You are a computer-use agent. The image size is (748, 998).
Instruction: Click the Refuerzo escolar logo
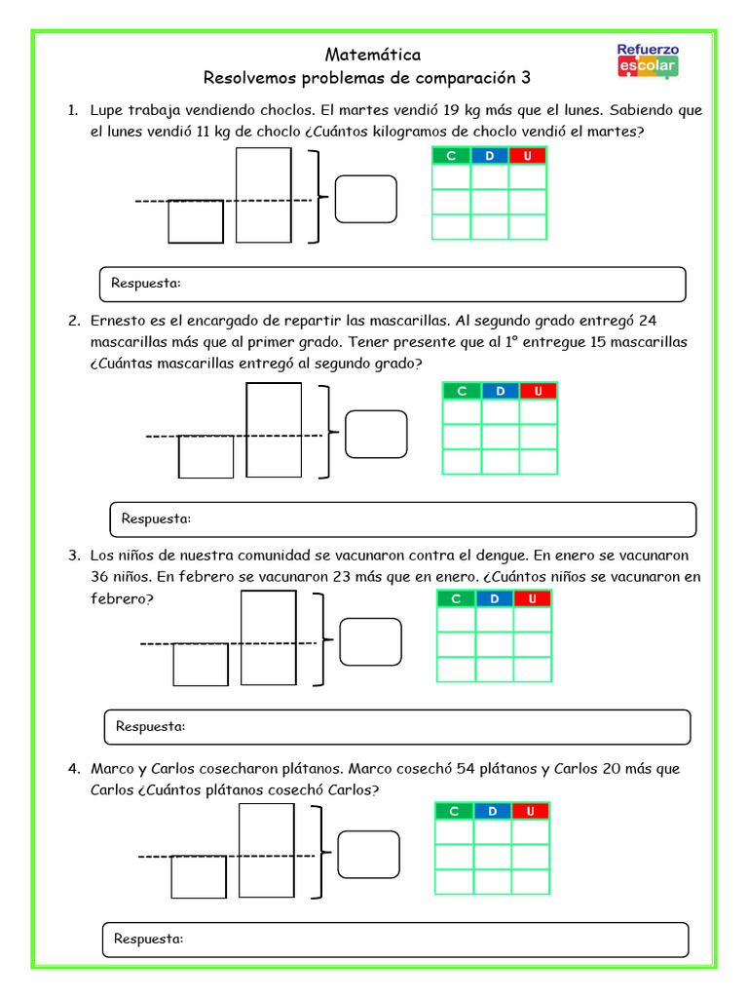tap(649, 61)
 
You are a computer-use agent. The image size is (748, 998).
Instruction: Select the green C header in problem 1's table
tap(451, 156)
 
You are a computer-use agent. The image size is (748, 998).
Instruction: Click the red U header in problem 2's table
tap(538, 391)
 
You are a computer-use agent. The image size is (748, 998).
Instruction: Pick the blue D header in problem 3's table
tap(494, 598)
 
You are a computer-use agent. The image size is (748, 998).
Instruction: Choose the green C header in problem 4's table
tap(454, 811)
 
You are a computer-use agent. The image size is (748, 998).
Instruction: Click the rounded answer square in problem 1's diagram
tap(365, 199)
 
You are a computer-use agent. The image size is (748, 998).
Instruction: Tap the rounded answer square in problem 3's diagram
tap(370, 641)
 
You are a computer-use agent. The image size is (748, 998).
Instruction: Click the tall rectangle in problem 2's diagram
tap(274, 430)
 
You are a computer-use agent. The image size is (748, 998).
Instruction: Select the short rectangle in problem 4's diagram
tap(199, 876)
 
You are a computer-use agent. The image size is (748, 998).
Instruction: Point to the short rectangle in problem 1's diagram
tap(196, 221)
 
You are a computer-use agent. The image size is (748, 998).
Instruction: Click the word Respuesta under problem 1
tap(146, 284)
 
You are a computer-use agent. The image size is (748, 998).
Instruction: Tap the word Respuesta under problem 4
tap(149, 939)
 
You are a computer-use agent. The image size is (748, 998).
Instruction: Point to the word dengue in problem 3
tap(499, 556)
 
